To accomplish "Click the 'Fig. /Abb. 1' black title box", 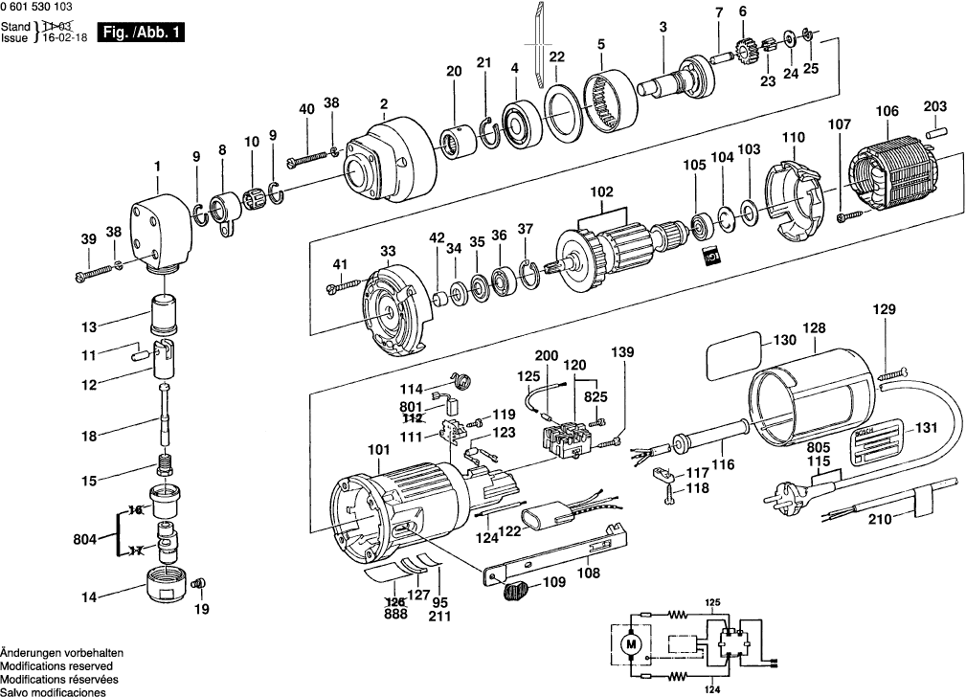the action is pyautogui.click(x=143, y=32).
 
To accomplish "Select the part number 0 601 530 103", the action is pyautogui.click(x=36, y=7).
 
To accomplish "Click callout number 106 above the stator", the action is pyautogui.click(x=887, y=112).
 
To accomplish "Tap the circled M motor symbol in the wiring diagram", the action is pyautogui.click(x=630, y=645).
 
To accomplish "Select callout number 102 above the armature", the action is pyautogui.click(x=602, y=191).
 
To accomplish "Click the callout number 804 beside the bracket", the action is pyautogui.click(x=84, y=539).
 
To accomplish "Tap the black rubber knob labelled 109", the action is pyautogui.click(x=516, y=591).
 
